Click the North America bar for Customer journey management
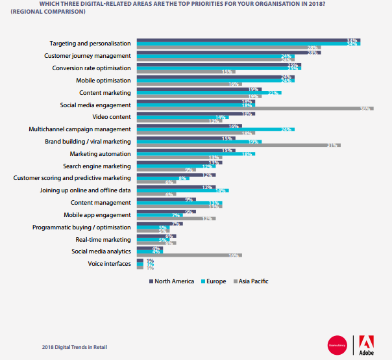click(x=220, y=52)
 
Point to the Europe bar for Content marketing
click(x=208, y=93)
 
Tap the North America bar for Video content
click(x=195, y=114)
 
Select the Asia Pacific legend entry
click(x=252, y=281)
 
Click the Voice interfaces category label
click(x=109, y=263)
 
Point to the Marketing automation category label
click(x=100, y=154)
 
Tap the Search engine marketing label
click(x=98, y=166)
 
